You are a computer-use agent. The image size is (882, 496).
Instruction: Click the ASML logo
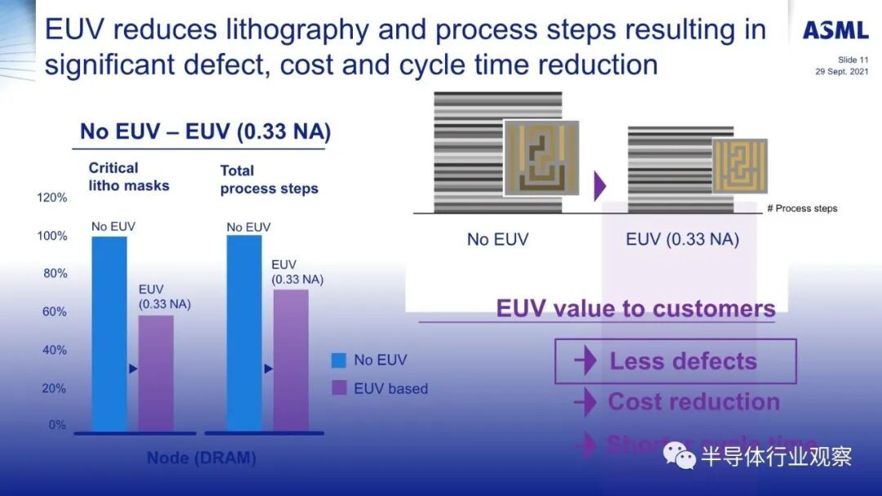(x=835, y=31)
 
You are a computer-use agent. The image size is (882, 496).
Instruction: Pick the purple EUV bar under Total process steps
(x=291, y=360)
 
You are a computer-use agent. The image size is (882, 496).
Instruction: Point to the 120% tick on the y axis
(x=52, y=198)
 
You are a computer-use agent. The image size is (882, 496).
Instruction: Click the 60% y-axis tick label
(x=55, y=311)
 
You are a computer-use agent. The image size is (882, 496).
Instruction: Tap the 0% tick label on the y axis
(x=57, y=425)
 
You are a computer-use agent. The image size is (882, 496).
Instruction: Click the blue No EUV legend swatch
(x=340, y=360)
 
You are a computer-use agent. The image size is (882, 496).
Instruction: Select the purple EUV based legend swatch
(x=340, y=388)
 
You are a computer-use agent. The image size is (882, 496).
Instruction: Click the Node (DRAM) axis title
(x=201, y=458)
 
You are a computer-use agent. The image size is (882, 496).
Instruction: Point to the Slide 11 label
(x=853, y=60)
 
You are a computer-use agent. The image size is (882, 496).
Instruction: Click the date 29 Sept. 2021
(x=841, y=71)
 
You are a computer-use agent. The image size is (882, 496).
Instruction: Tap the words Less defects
(x=683, y=361)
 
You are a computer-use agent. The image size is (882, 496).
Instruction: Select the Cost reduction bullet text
(x=693, y=402)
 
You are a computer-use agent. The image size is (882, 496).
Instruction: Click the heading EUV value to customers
(x=635, y=309)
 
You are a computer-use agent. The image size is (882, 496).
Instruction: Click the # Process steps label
(x=802, y=208)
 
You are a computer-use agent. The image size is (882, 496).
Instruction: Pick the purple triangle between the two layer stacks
(x=600, y=185)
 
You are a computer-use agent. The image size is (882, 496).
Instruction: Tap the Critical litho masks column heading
(x=129, y=177)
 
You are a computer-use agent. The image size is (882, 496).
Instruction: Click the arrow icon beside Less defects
(x=585, y=361)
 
